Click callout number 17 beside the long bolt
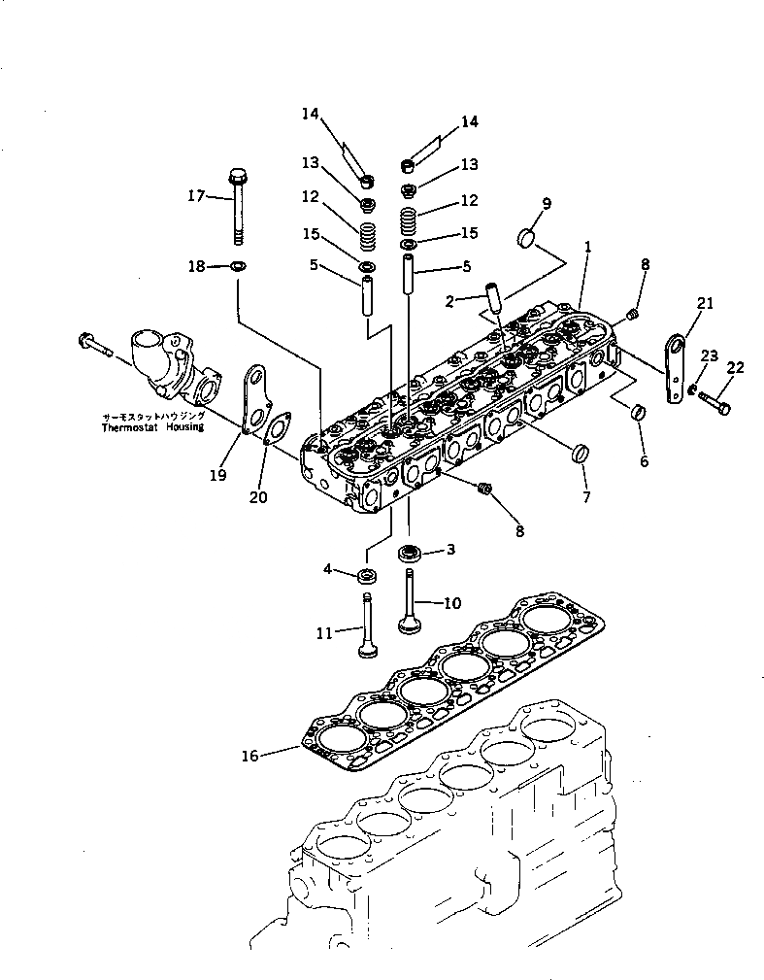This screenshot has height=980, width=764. [x=196, y=196]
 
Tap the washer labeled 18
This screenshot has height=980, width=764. [x=239, y=265]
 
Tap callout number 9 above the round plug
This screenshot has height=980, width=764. [x=547, y=203]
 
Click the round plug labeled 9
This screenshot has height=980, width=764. [x=528, y=236]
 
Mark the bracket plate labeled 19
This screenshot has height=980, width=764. [x=254, y=399]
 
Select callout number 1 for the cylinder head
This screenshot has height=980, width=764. [x=588, y=248]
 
